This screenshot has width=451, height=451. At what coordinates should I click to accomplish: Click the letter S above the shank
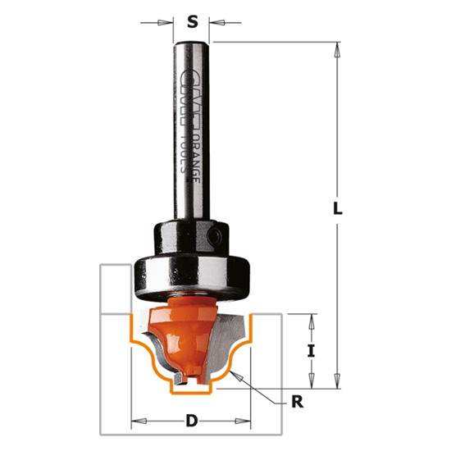point(193,22)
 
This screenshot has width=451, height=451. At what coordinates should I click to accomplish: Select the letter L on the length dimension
point(337,208)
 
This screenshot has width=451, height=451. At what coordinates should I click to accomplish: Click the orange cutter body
point(190,328)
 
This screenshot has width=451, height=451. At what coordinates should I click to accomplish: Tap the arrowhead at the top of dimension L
point(336,49)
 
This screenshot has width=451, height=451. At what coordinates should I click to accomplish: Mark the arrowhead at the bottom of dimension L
point(336,382)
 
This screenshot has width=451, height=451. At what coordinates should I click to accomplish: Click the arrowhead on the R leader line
point(235,374)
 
